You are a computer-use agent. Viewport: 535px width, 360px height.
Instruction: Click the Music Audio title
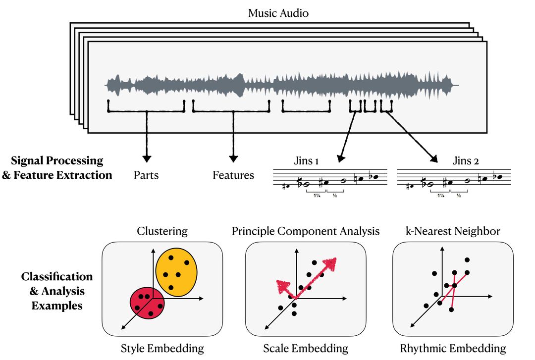click(x=278, y=13)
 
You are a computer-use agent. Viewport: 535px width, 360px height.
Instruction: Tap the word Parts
click(x=146, y=175)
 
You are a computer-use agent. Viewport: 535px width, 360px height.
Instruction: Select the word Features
click(x=233, y=175)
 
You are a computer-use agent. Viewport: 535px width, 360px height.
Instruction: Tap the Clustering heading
click(x=162, y=231)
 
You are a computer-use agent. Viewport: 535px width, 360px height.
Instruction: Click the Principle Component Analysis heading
click(x=306, y=231)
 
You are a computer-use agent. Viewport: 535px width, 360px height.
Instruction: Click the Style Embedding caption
click(x=162, y=348)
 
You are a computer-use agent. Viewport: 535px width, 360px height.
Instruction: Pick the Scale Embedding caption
click(x=306, y=348)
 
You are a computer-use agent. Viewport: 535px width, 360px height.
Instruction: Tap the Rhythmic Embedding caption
click(x=453, y=348)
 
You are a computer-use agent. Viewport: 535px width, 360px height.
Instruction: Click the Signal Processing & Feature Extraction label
click(x=57, y=167)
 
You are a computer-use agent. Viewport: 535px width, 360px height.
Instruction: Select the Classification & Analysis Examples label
click(x=57, y=291)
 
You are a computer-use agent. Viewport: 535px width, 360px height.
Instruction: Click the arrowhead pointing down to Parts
click(x=146, y=158)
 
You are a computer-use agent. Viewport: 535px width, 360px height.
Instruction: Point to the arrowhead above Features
click(x=233, y=158)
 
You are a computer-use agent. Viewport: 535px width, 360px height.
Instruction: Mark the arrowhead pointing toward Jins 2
click(x=434, y=159)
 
